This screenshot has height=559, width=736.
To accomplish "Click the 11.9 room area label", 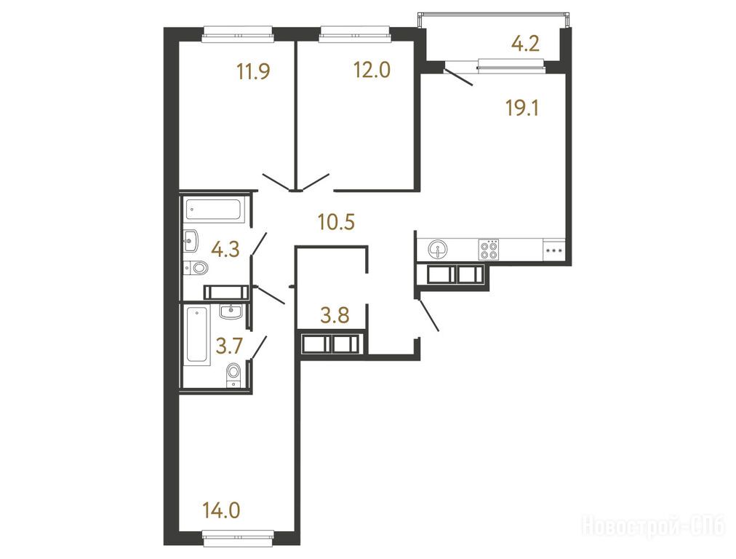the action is pos(254,72).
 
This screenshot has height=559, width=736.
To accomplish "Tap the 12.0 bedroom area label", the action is pos(372,70).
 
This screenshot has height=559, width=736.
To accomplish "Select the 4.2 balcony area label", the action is pos(525,44).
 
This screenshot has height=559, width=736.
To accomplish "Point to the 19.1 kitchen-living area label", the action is pos(522,108).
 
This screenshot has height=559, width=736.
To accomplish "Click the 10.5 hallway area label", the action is pos(336,222).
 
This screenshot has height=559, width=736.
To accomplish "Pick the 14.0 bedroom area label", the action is pos(222,510).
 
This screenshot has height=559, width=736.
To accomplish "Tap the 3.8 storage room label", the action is pos(335,315).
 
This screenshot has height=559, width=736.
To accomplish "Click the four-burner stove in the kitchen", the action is pos(489,250).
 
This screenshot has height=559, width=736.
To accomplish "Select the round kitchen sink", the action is pos(438,249).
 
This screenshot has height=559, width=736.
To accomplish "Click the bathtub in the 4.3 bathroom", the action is pos(215,210).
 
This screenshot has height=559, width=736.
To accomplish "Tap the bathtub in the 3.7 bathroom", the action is pos(198,336).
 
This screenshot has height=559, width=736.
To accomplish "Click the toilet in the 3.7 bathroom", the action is pos(233,375).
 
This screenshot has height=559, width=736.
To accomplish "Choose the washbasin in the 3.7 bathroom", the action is pos(231,311).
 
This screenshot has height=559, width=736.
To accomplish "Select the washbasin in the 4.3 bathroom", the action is pos(191,241).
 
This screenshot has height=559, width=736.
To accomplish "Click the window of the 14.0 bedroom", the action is pos(239,539).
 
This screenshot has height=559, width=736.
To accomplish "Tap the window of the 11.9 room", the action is pos(238,35).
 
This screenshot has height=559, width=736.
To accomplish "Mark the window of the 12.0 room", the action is pos(355,35).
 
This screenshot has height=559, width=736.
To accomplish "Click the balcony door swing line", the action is pos(458,77).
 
